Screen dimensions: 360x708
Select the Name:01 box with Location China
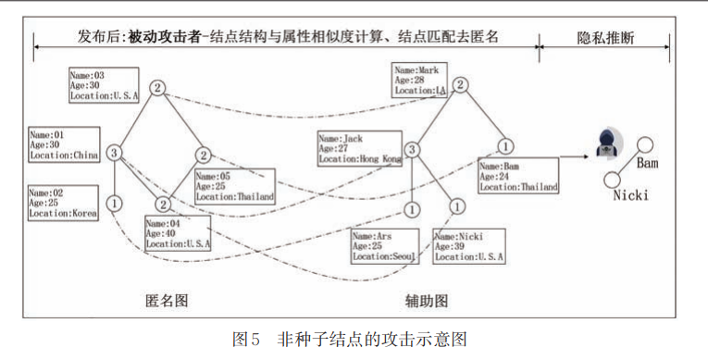(64, 146)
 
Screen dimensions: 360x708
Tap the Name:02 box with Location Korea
(63, 203)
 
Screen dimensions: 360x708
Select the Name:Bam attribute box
(519, 175)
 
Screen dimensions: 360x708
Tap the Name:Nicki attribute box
(470, 245)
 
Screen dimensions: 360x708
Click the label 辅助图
(426, 302)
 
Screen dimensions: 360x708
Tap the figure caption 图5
(246, 341)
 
